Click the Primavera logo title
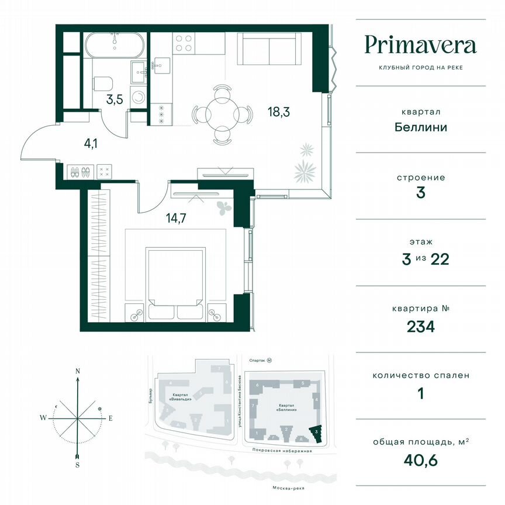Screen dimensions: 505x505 click(x=420, y=45)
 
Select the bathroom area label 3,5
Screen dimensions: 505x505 click(x=114, y=99)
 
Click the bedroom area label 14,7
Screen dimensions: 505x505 click(x=178, y=219)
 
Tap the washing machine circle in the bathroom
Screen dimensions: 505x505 click(x=139, y=98)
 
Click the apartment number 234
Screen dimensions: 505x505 click(x=420, y=326)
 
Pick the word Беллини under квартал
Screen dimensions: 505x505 click(x=420, y=126)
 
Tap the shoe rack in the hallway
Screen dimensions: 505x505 click(x=80, y=172)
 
